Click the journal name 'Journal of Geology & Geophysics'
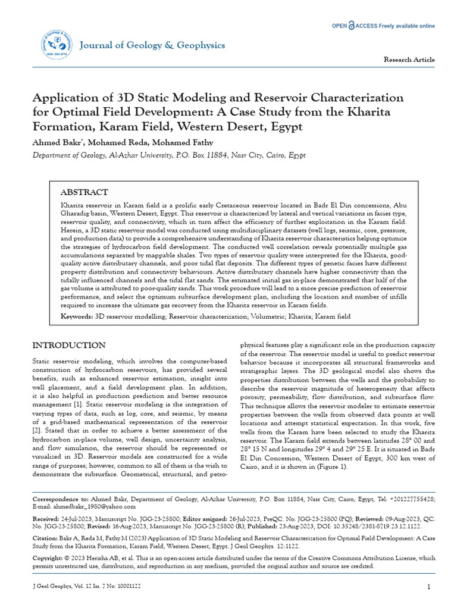(x=152, y=45)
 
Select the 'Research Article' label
(x=409, y=60)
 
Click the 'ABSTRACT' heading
(x=84, y=192)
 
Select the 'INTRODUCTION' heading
(x=69, y=346)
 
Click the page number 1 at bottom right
(x=428, y=587)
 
